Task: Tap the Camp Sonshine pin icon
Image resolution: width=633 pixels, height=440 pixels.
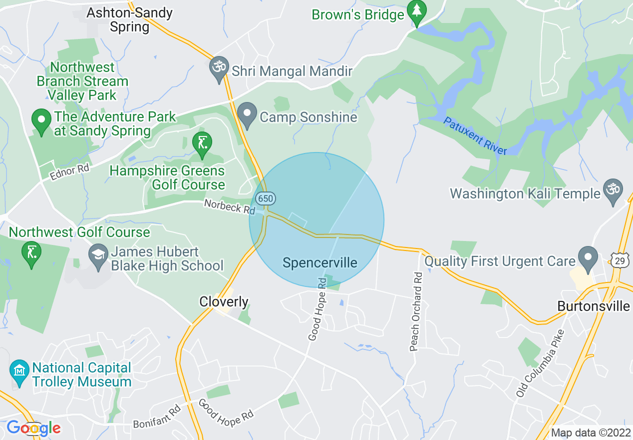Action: [x=247, y=114]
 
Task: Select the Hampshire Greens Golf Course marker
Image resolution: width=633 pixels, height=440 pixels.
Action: [x=202, y=143]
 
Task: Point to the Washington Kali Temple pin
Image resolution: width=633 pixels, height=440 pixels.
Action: [x=613, y=190]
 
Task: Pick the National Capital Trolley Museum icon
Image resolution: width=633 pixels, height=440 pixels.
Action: [x=19, y=371]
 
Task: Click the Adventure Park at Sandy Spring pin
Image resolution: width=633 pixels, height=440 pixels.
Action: [x=41, y=120]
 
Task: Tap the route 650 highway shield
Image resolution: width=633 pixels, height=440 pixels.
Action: [x=265, y=198]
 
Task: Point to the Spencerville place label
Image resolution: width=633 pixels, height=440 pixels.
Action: [x=320, y=262]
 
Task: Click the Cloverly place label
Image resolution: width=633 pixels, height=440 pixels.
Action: [x=224, y=301]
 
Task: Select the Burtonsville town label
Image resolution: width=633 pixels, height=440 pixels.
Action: [x=594, y=305]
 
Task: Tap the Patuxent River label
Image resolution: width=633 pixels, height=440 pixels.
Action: [x=475, y=135]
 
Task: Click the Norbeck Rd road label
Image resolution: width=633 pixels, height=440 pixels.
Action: [x=230, y=206]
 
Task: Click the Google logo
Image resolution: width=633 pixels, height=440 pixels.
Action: [x=33, y=428]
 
